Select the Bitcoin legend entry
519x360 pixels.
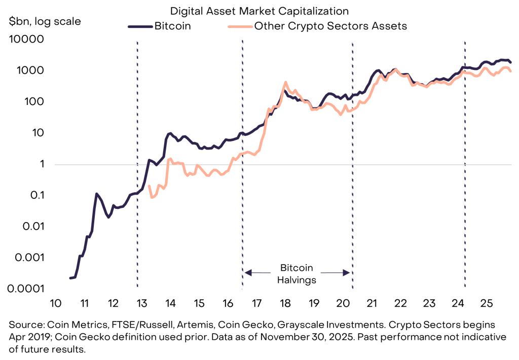(172, 26)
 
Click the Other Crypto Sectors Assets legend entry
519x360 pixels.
(330, 26)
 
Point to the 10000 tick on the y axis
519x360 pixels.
(26, 40)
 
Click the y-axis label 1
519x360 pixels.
(43, 164)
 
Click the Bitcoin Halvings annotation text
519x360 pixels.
(297, 274)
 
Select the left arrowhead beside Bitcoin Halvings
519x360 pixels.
(248, 273)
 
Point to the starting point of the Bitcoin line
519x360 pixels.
(70, 278)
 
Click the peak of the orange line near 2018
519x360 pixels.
(285, 82)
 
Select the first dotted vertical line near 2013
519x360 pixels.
(138, 167)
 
